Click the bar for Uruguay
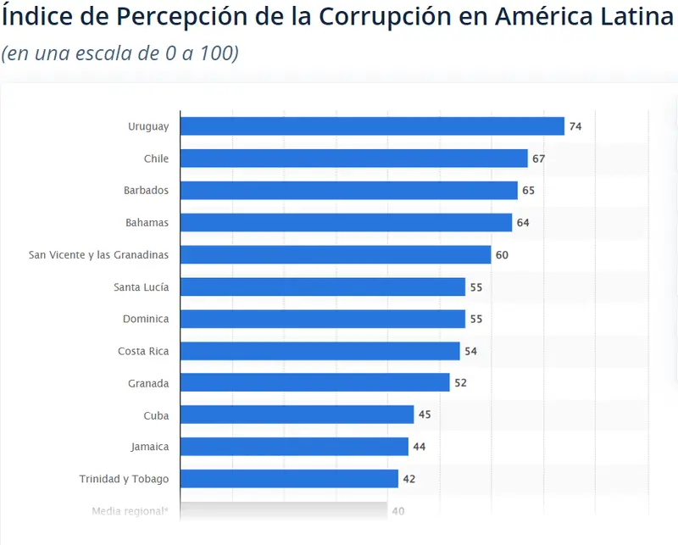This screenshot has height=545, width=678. pos(372,126)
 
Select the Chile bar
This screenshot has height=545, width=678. pos(354,158)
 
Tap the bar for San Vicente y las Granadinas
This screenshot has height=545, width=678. pos(336,255)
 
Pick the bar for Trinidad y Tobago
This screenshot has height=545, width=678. pos(289,479)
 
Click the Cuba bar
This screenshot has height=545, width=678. pos(297,414)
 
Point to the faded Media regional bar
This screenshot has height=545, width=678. pos(284,510)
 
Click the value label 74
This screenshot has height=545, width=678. pos(575,126)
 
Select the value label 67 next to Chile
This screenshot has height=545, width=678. pos(539,158)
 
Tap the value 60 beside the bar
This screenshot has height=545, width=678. pos(502,255)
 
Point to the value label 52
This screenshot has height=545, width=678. pos(460,383)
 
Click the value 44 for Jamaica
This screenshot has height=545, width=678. pos(420,447)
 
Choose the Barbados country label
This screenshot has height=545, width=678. pos(146,191)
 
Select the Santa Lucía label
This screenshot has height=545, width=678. pos(141,287)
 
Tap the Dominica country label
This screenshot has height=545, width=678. pos(146,320)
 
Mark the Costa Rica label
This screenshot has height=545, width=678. pos(143,351)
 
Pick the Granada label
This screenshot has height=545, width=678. pos(147,383)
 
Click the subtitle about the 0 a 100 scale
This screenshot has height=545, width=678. pos(119,53)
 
